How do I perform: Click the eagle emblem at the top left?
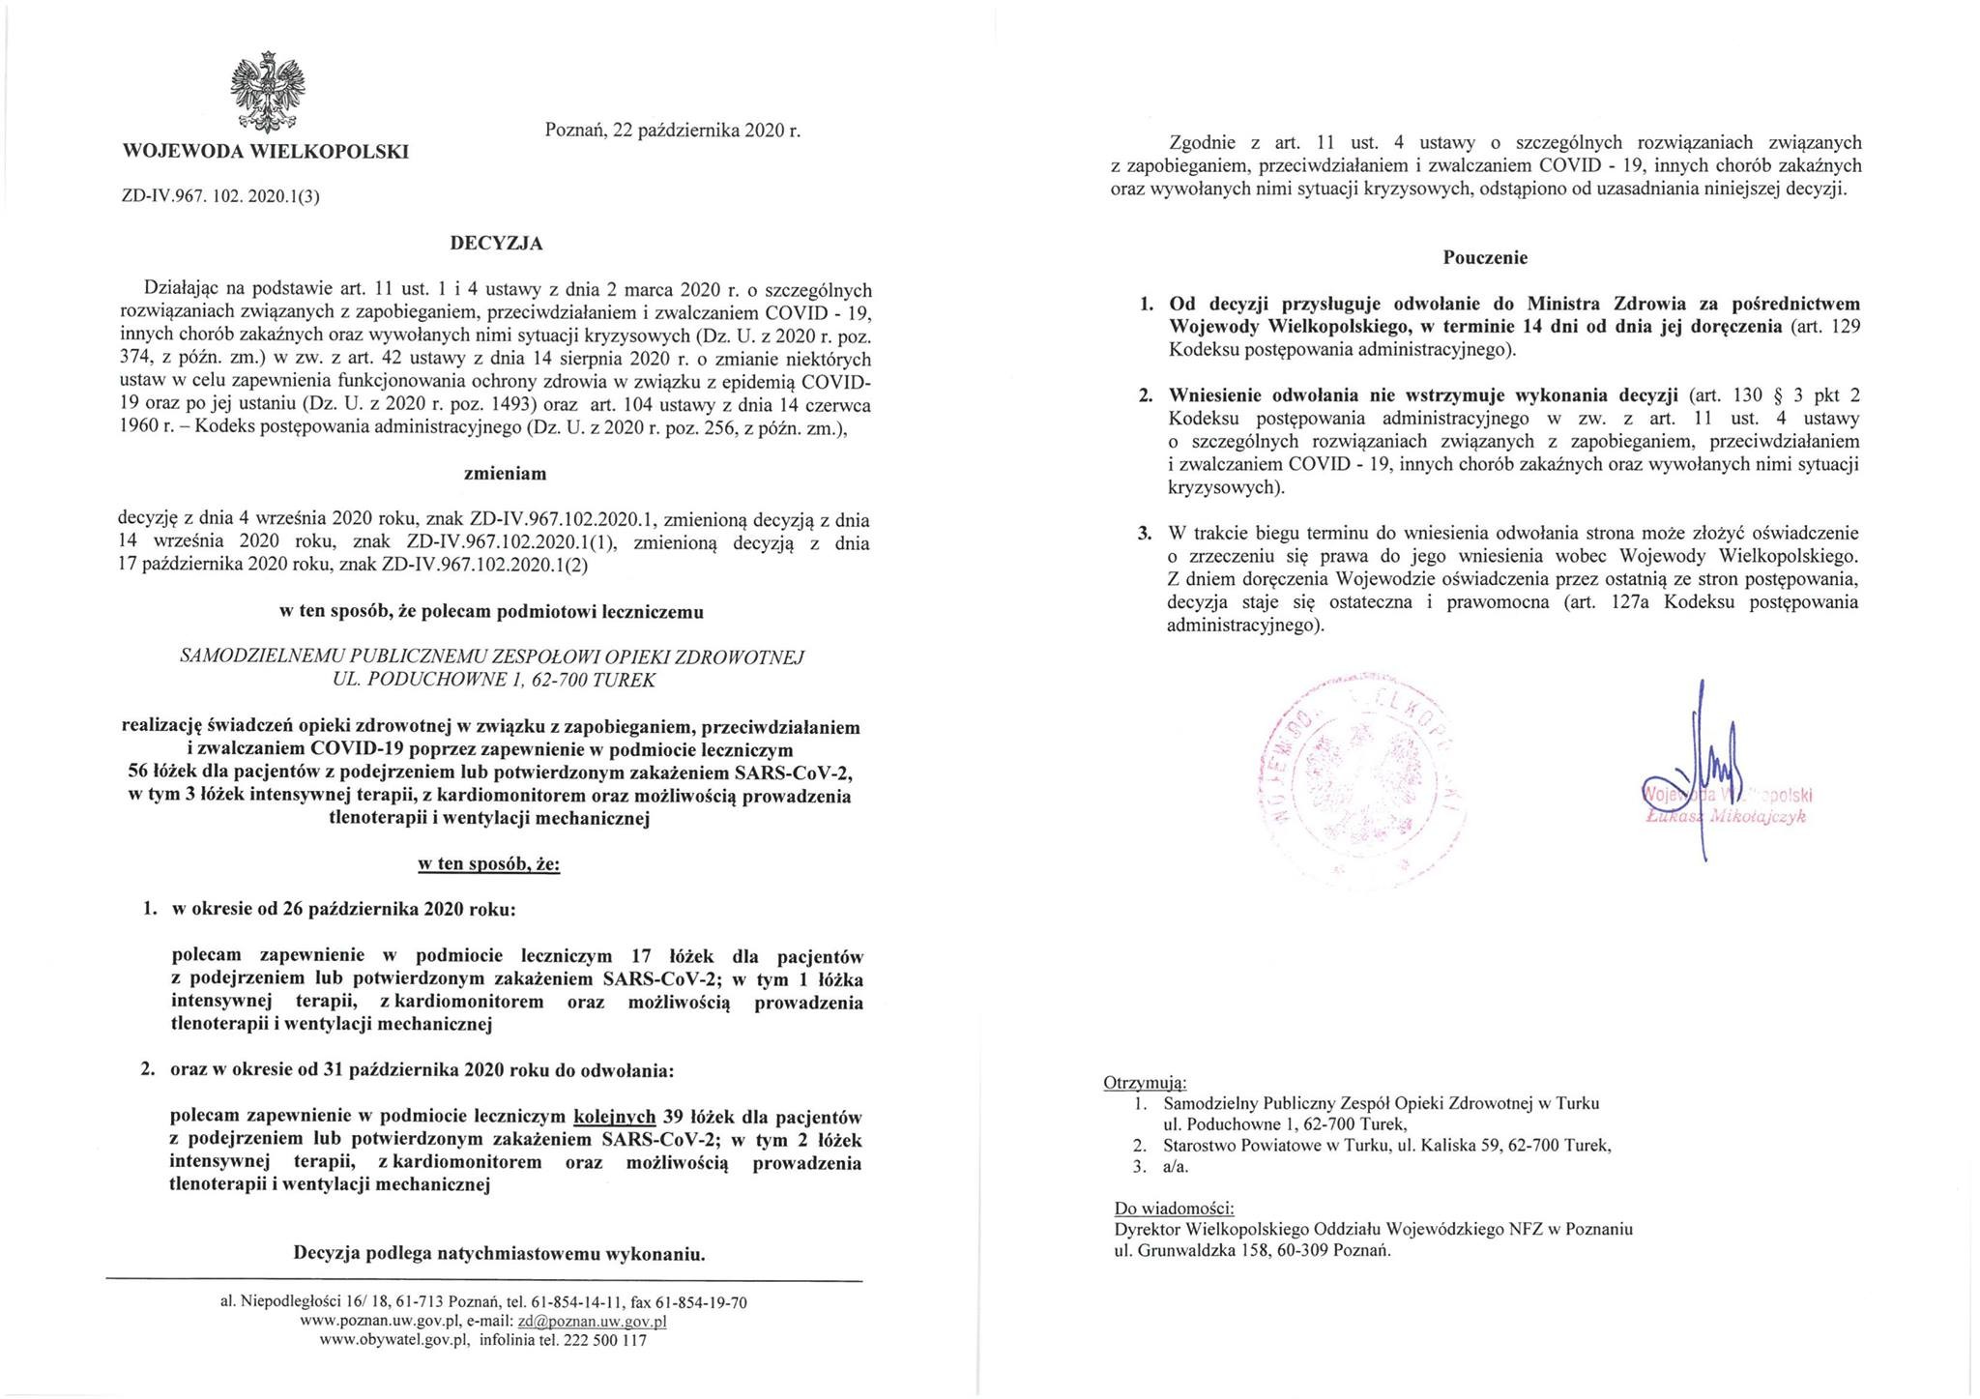[x=267, y=93]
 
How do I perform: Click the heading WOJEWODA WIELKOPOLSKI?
[x=265, y=152]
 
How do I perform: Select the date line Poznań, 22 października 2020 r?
[x=673, y=130]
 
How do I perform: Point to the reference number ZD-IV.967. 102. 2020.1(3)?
[x=220, y=196]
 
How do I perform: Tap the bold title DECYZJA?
[x=496, y=244]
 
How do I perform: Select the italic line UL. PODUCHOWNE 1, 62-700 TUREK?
[x=493, y=680]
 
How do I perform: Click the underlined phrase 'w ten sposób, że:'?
[x=488, y=864]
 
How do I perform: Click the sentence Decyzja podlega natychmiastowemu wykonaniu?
[x=499, y=1255]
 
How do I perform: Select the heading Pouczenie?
[x=1485, y=258]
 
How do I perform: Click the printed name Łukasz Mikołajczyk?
[x=1726, y=817]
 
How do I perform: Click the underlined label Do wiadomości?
[x=1174, y=1208]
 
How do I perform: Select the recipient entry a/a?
[x=1176, y=1166]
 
